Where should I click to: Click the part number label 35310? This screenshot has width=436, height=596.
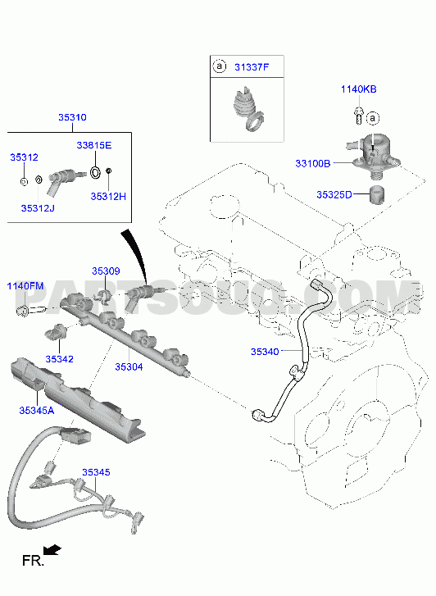(x=72, y=117)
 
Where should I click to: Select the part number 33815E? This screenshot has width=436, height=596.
(x=94, y=145)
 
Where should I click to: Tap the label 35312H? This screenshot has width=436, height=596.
(x=108, y=197)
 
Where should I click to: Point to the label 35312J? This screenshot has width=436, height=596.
(x=38, y=208)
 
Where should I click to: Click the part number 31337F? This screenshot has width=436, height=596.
(x=252, y=67)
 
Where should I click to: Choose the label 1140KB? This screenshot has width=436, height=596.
(x=358, y=89)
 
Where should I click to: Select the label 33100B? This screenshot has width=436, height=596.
(x=313, y=164)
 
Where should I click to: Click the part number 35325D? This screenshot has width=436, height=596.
(x=334, y=194)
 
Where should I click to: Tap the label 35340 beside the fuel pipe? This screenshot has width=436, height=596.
(x=265, y=352)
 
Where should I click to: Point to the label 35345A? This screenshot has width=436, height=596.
(x=37, y=411)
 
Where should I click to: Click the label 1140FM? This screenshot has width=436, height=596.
(x=25, y=286)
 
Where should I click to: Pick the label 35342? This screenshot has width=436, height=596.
(x=59, y=359)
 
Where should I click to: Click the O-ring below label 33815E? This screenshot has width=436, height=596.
(x=95, y=172)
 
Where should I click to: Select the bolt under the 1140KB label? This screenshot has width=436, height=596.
(x=359, y=115)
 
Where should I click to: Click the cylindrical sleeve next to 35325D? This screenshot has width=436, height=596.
(x=377, y=194)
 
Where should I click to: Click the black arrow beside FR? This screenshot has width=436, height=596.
(x=52, y=550)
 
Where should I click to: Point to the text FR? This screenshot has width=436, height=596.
(x=33, y=560)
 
